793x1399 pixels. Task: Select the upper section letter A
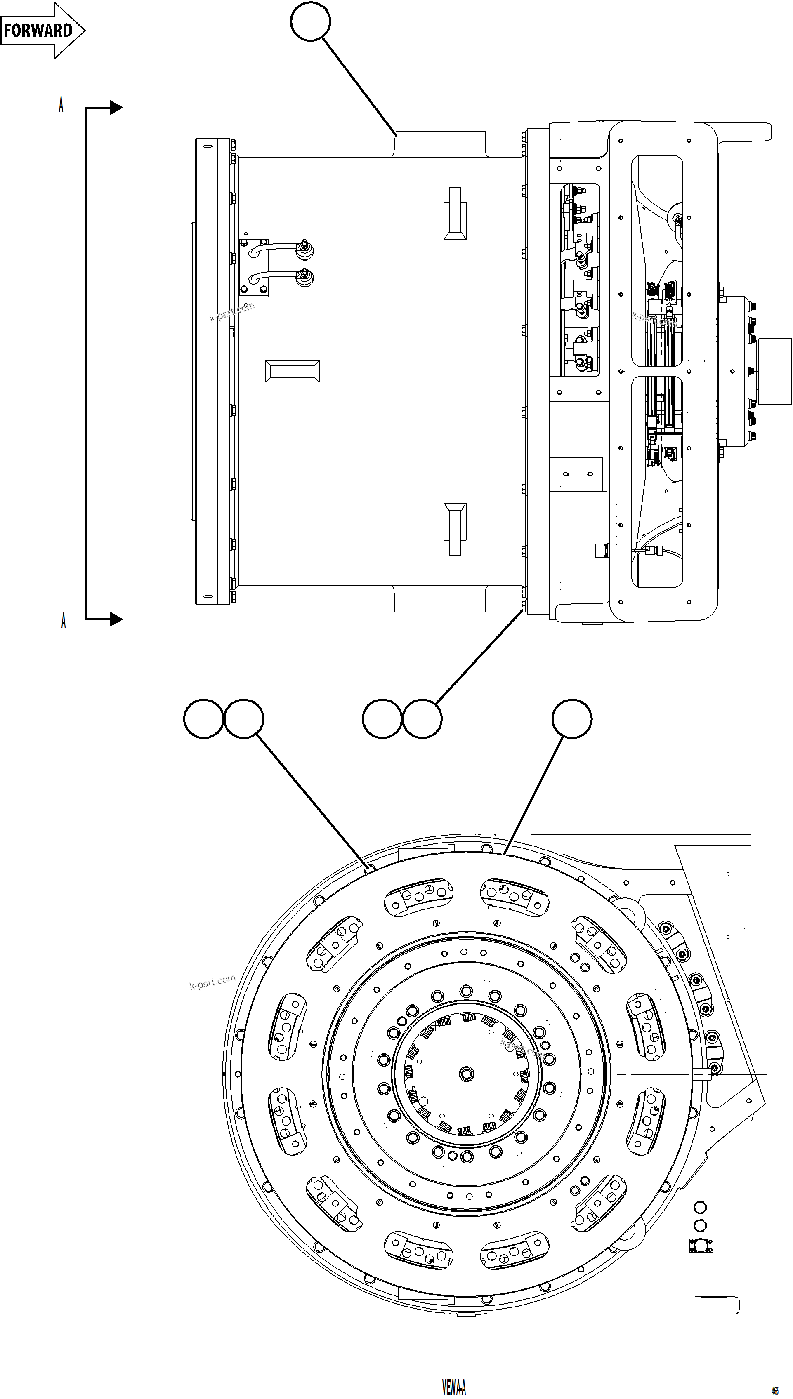(x=61, y=104)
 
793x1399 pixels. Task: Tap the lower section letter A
(x=63, y=620)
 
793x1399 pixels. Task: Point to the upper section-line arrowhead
(x=116, y=108)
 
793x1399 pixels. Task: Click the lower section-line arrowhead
(x=116, y=619)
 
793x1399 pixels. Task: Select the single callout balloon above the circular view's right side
(x=572, y=718)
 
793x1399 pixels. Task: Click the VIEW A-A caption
(x=454, y=1387)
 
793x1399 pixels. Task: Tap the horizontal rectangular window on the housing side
(x=292, y=371)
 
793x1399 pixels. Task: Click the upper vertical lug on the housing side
(x=455, y=213)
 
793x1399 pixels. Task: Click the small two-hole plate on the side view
(x=576, y=474)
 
